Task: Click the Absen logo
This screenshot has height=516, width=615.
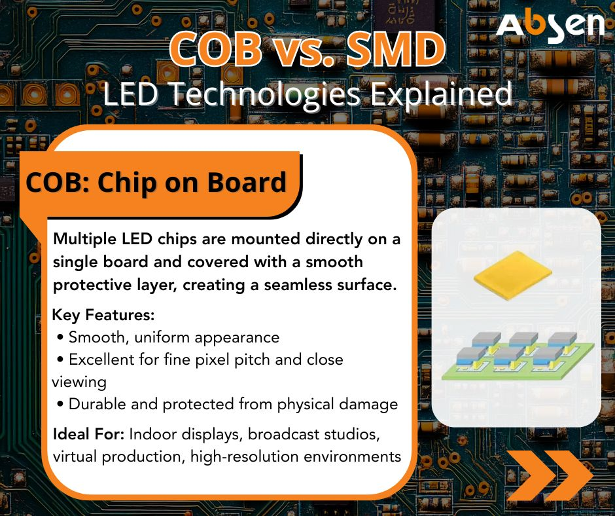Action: point(550,26)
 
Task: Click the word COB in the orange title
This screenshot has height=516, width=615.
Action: point(216,50)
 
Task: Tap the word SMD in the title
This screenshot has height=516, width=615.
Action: point(396,50)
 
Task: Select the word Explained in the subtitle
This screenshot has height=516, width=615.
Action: point(442,95)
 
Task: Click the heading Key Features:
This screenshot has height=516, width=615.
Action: point(103,315)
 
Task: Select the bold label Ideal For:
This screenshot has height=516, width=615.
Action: point(88,434)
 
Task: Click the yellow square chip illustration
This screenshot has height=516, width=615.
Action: point(512,275)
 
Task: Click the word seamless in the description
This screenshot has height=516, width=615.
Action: point(294,285)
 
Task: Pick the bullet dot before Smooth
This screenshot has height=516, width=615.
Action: point(60,337)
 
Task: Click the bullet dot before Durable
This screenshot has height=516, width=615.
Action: point(60,404)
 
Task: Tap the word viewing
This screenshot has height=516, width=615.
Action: point(79,382)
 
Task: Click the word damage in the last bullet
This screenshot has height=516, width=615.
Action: point(368,405)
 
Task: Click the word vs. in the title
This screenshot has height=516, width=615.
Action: point(305,51)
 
